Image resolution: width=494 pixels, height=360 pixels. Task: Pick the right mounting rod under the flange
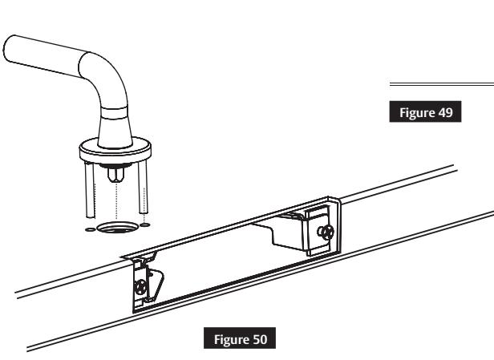pyautogui.click(x=144, y=188)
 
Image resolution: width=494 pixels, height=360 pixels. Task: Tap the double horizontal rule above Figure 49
pyautogui.click(x=441, y=84)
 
